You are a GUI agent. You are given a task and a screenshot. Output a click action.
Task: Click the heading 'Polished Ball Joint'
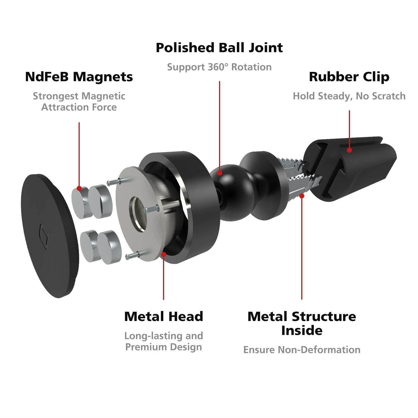coord(219,48)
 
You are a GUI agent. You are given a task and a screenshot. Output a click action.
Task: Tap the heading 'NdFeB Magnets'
coord(79,77)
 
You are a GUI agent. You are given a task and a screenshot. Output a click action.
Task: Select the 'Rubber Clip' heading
coord(349,77)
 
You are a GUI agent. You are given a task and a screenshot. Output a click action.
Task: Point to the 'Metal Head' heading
coord(164,317)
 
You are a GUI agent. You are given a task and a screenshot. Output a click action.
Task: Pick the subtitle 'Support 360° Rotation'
coord(219,67)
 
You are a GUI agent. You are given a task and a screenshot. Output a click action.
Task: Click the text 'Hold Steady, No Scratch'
coord(349,96)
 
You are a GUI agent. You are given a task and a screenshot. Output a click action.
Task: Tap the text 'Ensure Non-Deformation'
coord(302,349)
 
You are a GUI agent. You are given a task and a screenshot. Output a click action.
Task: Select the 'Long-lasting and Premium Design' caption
coord(164,341)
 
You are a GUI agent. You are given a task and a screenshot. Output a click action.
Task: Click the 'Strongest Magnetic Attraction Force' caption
coord(79,102)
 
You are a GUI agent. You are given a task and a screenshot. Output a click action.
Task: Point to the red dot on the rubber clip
coord(349,150)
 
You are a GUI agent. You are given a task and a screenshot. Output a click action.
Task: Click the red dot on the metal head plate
coord(164,254)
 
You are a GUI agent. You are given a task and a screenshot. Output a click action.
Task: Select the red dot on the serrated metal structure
coord(302,196)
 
